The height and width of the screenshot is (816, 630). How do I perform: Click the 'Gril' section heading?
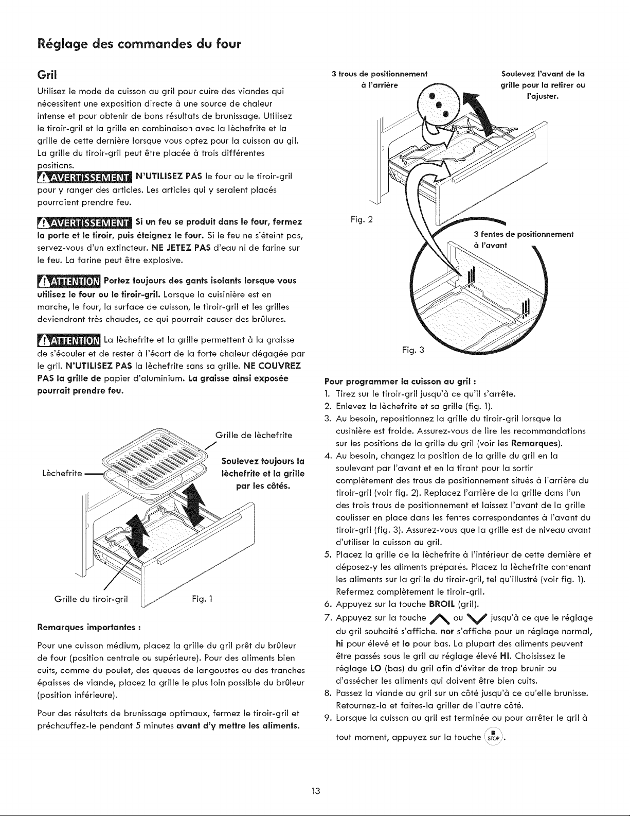pyautogui.click(x=47, y=75)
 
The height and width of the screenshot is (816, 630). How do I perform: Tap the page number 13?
pyautogui.click(x=315, y=791)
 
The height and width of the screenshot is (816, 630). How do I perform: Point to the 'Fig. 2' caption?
pyautogui.click(x=362, y=219)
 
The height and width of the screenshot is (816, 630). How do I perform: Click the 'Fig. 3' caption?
pyautogui.click(x=413, y=351)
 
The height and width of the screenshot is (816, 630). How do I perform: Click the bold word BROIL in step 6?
pyautogui.click(x=442, y=604)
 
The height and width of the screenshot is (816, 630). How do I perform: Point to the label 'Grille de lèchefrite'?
pyautogui.click(x=254, y=435)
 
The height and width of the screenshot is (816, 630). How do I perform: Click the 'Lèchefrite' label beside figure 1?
pyautogui.click(x=63, y=473)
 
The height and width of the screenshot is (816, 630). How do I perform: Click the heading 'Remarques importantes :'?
pyautogui.click(x=89, y=628)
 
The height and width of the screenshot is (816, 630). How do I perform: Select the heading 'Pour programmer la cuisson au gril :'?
pyautogui.click(x=401, y=382)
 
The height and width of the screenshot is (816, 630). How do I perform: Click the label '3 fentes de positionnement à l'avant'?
pyautogui.click(x=524, y=240)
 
